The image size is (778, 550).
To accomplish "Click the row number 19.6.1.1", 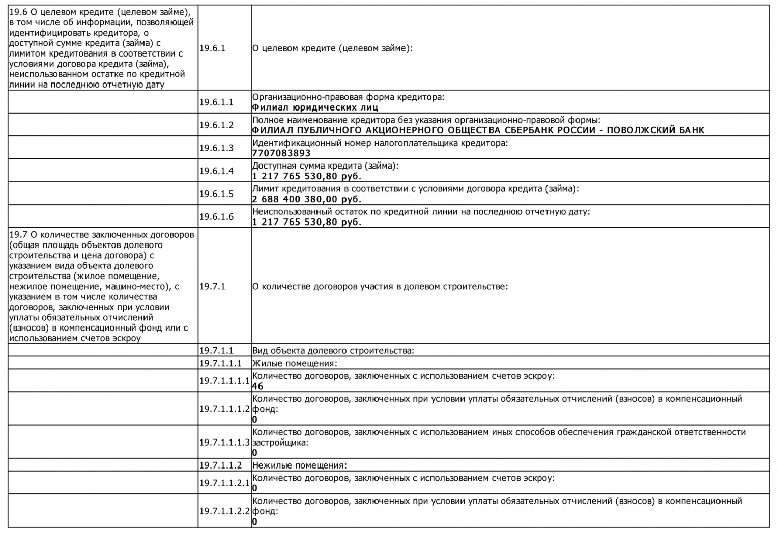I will tap(216, 102).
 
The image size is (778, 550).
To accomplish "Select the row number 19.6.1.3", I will tap(216, 148).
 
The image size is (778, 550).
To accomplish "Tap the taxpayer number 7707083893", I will tap(281, 153).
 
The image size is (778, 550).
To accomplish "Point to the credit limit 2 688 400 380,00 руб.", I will tap(306, 199).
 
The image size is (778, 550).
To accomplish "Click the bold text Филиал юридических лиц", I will tap(315, 107).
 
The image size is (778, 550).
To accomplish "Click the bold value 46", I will tap(258, 387).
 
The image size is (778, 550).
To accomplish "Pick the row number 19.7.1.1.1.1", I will tap(224, 381).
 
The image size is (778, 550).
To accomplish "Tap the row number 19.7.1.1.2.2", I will tap(224, 511).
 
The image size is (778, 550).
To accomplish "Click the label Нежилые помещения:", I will tap(299, 465).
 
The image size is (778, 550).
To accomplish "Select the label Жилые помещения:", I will tap(295, 364).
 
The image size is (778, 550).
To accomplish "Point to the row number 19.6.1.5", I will tap(216, 194).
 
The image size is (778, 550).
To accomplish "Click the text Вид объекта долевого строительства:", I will tap(333, 351).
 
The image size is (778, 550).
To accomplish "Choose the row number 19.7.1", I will tap(212, 287).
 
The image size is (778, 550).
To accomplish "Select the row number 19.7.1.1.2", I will tap(220, 465).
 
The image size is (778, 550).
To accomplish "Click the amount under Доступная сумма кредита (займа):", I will tap(306, 176).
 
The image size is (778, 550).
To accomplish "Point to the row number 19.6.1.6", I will tap(216, 217).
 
